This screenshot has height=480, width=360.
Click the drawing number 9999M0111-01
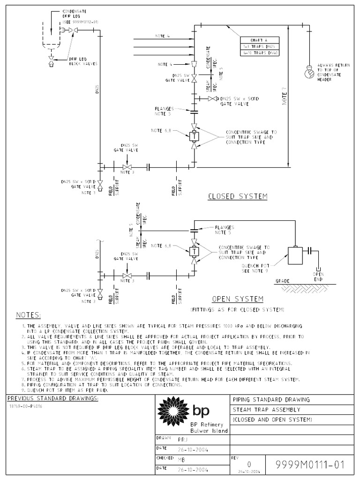point(311,465)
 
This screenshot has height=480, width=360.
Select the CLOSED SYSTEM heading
point(238,197)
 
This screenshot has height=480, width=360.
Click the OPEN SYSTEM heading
point(238,299)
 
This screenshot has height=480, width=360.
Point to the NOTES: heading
point(29,314)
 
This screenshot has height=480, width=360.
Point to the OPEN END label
point(318,276)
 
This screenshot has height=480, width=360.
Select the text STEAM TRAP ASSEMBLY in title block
point(259,409)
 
